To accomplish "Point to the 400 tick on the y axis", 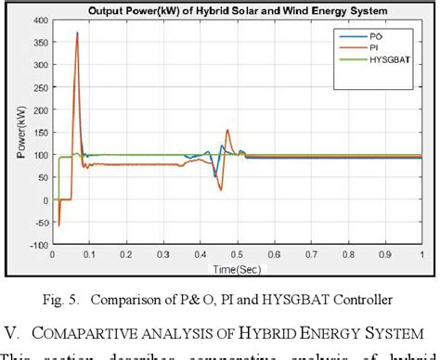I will click(x=39, y=20).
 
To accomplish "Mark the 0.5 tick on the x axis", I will click(x=239, y=252).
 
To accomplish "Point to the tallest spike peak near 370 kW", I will click(x=77, y=32).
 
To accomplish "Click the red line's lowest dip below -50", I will click(x=58, y=225).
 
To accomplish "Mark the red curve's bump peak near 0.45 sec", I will click(x=227, y=131).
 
